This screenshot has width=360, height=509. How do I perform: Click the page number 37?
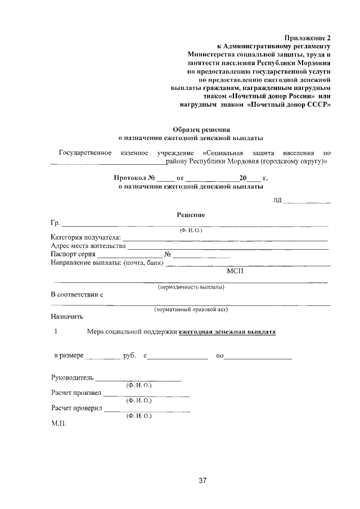tap(203, 481)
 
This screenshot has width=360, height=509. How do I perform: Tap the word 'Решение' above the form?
tap(191, 215)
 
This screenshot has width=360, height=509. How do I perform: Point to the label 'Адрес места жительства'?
tap(87, 246)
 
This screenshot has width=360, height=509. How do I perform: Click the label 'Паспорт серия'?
tap(73, 254)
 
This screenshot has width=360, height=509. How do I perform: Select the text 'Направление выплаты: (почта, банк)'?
tap(107, 263)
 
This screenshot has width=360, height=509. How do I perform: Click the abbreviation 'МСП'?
tap(235, 271)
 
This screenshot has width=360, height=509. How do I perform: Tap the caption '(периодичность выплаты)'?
tap(191, 287)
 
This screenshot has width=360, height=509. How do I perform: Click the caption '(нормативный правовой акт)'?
tap(191, 309)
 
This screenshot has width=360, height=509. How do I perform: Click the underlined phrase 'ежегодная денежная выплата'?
tap(227, 332)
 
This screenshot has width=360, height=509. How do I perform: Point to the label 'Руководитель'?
tap(72, 378)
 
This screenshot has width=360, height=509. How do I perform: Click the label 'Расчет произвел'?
tap(76, 392)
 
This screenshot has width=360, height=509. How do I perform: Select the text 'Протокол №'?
tap(134, 178)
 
